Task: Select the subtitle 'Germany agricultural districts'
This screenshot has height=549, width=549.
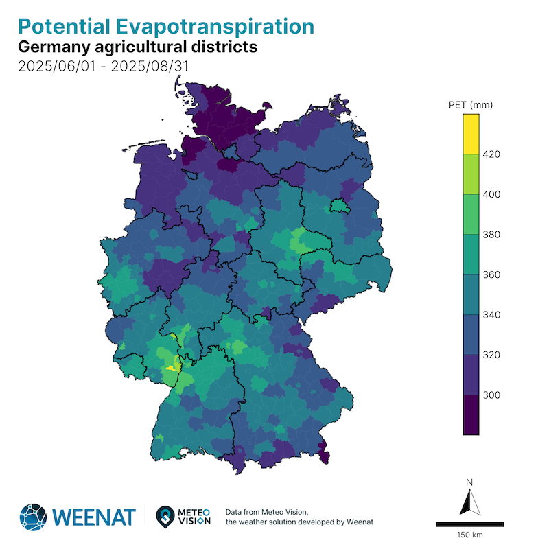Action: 137,47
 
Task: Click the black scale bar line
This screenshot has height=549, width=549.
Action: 470,524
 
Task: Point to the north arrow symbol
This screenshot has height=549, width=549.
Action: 470,502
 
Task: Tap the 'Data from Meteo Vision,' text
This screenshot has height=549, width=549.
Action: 266,512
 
